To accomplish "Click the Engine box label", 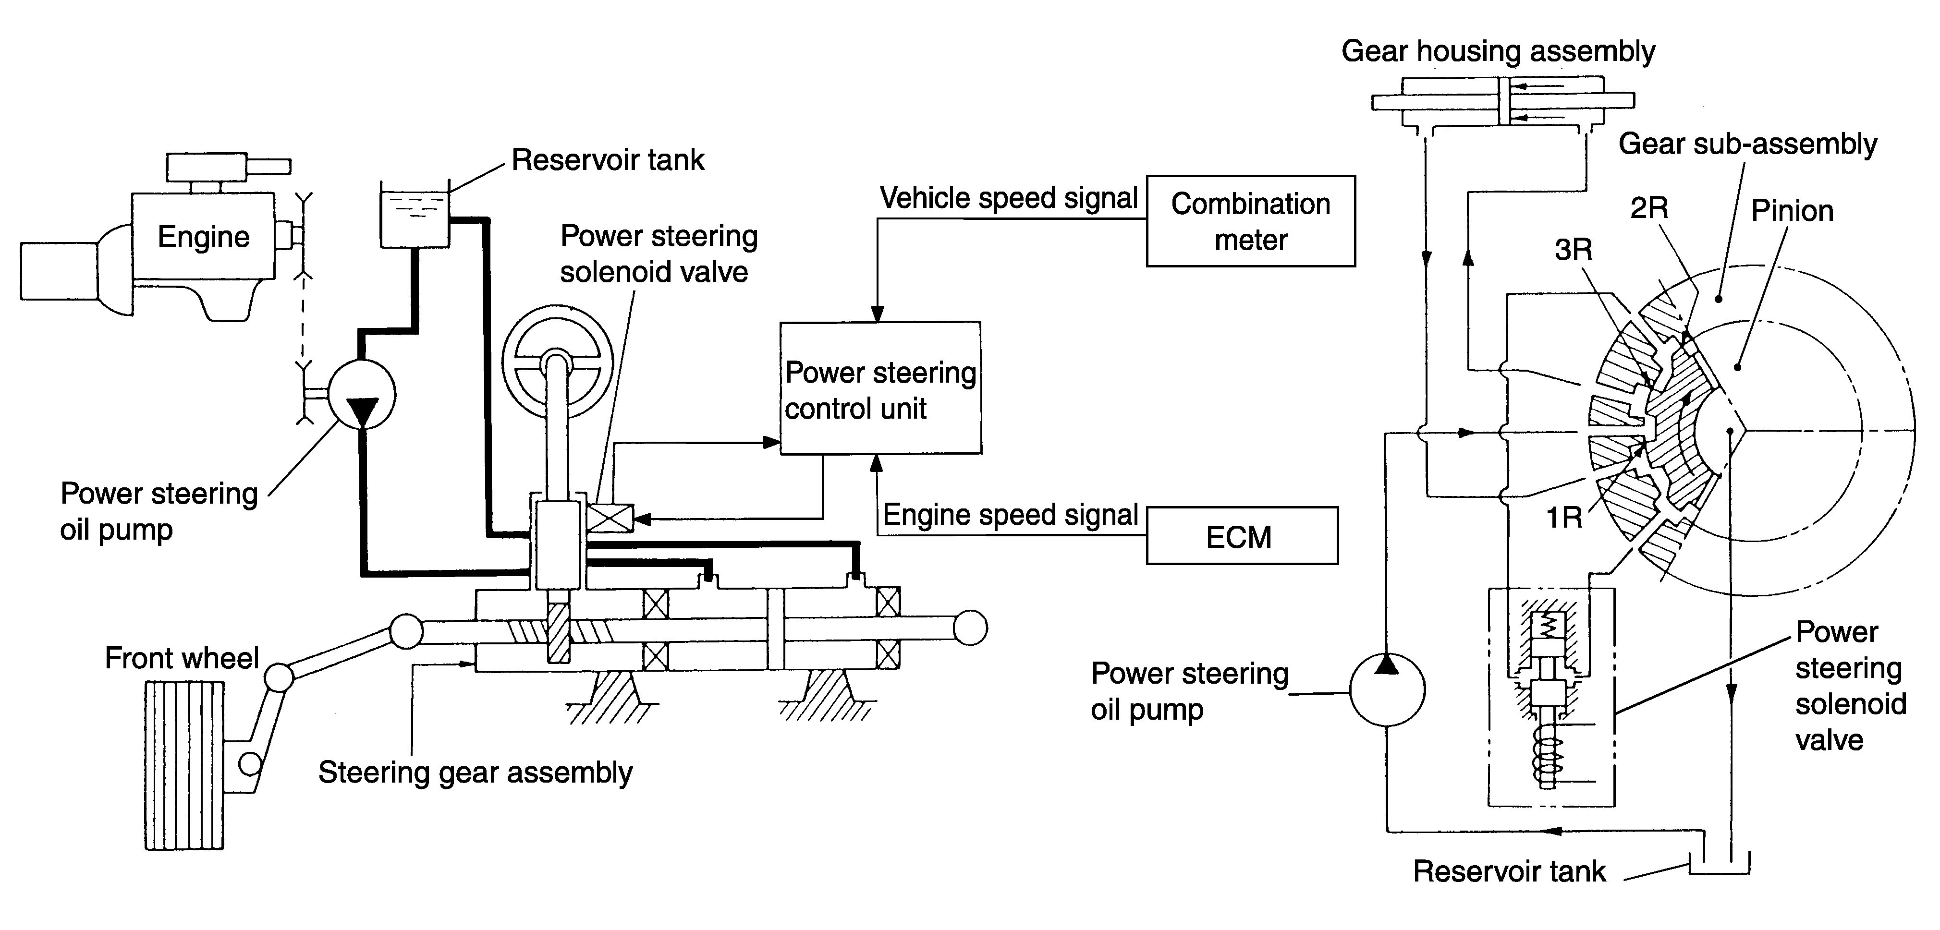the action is (x=203, y=237).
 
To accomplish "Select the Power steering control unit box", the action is (x=880, y=388).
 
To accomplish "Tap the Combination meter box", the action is (x=1251, y=221).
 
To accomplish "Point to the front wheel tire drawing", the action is (x=184, y=765).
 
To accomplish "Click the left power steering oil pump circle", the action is (x=362, y=394).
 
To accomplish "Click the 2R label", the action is (x=1649, y=208).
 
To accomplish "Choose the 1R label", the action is (x=1563, y=518).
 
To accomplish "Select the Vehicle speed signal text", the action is (x=1008, y=198).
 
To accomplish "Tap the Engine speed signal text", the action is (x=1010, y=515).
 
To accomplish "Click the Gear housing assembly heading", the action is (x=1498, y=52).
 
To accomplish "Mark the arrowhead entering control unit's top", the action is (x=878, y=314).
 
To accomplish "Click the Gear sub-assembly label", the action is (x=1747, y=145).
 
